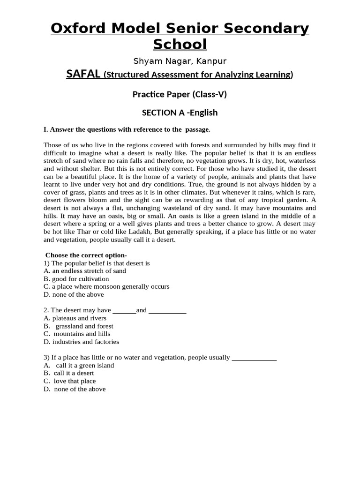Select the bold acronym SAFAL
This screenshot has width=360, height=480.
pos(83,75)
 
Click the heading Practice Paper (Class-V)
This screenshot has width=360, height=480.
pos(180,94)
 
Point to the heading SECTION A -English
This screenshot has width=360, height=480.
pos(180,112)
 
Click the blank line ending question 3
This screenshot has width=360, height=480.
pos(254,358)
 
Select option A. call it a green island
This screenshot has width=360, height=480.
pos(79,366)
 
